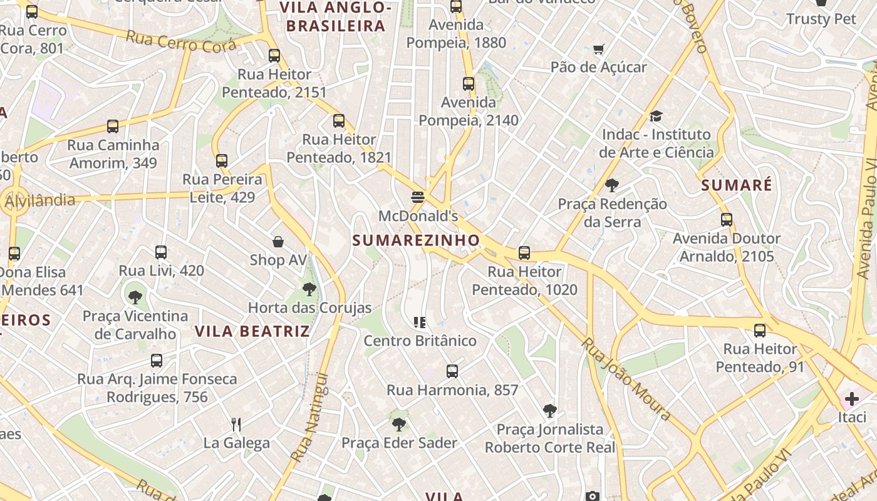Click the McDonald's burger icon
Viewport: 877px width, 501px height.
coord(418,197)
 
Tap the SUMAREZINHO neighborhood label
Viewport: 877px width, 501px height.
coord(416,240)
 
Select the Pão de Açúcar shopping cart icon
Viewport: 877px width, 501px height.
coord(599,49)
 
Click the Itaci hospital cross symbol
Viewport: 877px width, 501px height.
coord(851,398)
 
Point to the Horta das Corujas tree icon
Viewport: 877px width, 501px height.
coord(309,289)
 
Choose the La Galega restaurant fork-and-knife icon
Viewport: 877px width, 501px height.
coord(236,425)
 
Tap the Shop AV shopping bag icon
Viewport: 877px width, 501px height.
coord(278,242)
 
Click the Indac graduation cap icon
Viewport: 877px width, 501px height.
coord(656,116)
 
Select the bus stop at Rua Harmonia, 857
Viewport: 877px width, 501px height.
coord(452,371)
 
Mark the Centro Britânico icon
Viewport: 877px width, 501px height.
coord(420,323)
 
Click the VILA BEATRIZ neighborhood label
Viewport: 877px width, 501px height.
coord(252,331)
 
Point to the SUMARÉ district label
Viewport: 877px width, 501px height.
coord(737,185)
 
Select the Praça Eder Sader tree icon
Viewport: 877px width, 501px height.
coord(398,425)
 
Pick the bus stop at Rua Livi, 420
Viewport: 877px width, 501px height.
coord(161,252)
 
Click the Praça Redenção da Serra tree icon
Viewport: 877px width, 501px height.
coord(612,185)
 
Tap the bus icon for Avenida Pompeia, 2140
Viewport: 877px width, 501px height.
coord(469,84)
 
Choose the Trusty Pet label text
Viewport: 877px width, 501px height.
coord(821,19)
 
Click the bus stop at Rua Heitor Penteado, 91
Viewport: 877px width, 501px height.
coord(760,331)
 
